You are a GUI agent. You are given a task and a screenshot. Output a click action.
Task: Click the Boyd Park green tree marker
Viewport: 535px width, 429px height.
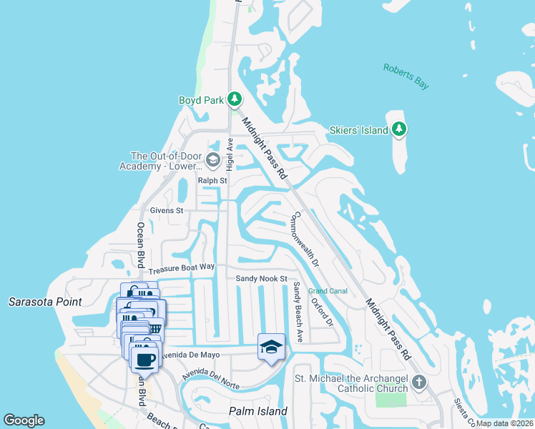click(235, 100)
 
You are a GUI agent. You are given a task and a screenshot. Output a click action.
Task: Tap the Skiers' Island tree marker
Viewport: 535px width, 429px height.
click(400, 130)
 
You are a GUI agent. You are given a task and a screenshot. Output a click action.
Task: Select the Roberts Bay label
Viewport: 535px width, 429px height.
click(406, 77)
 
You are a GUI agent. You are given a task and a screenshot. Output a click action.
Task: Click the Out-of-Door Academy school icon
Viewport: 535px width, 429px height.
click(212, 159)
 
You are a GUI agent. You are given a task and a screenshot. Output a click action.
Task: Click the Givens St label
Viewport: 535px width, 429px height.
click(167, 211)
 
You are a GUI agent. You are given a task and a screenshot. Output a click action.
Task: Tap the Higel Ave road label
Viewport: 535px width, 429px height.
click(230, 153)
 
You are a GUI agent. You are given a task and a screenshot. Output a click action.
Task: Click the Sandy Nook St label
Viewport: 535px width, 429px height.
click(262, 278)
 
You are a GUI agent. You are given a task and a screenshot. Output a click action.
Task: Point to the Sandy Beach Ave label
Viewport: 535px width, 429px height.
click(298, 311)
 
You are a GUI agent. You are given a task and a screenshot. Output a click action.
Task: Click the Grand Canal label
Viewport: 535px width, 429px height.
click(328, 291)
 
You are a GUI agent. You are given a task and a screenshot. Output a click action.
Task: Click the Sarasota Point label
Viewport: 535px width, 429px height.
click(44, 302)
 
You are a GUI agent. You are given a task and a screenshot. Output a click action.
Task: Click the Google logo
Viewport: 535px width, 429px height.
click(24, 420)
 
